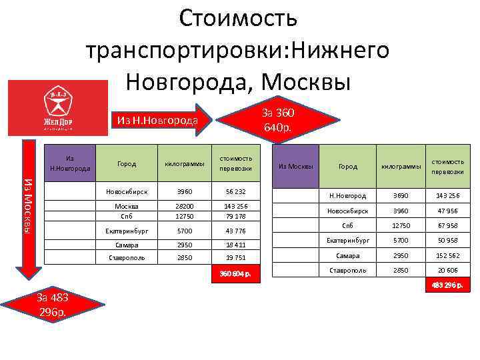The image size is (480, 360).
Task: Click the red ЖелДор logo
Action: point(57,107)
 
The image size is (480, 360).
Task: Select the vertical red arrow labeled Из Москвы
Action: point(27,206)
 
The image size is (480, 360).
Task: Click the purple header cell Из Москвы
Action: point(291,167)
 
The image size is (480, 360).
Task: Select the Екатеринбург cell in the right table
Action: point(347,240)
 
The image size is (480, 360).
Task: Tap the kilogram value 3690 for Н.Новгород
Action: point(401,196)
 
